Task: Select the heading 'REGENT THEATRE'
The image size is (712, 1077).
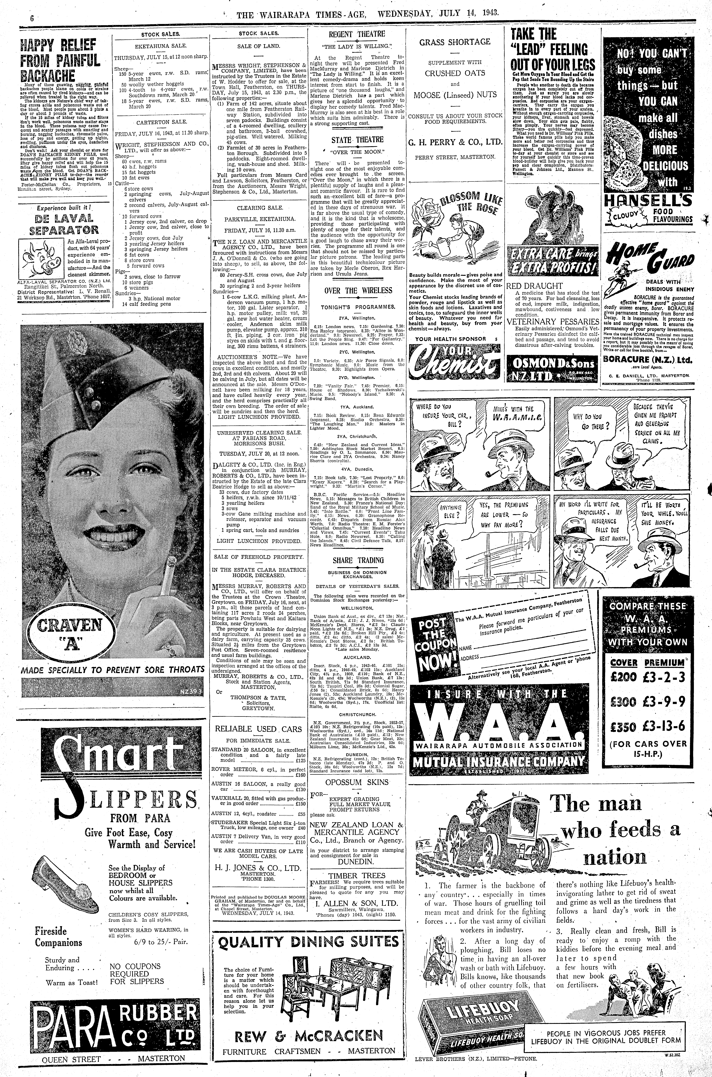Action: [x=357, y=34]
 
